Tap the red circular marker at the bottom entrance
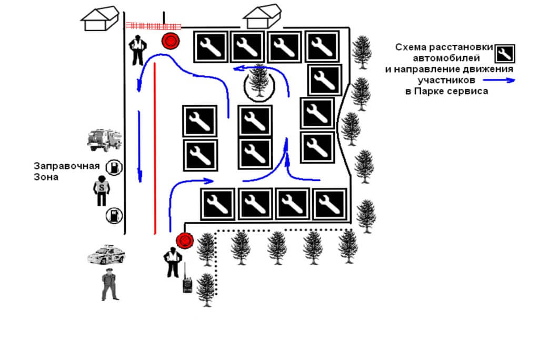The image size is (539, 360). [x=185, y=241]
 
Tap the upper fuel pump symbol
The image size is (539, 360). [x=113, y=168]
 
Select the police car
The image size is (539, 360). [x=106, y=254]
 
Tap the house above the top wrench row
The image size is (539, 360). [x=262, y=17]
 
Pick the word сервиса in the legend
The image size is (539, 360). [x=468, y=91]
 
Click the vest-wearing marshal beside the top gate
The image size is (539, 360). [x=138, y=50]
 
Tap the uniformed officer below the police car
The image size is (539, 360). [x=109, y=285]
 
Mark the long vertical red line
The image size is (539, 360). [x=155, y=147]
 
